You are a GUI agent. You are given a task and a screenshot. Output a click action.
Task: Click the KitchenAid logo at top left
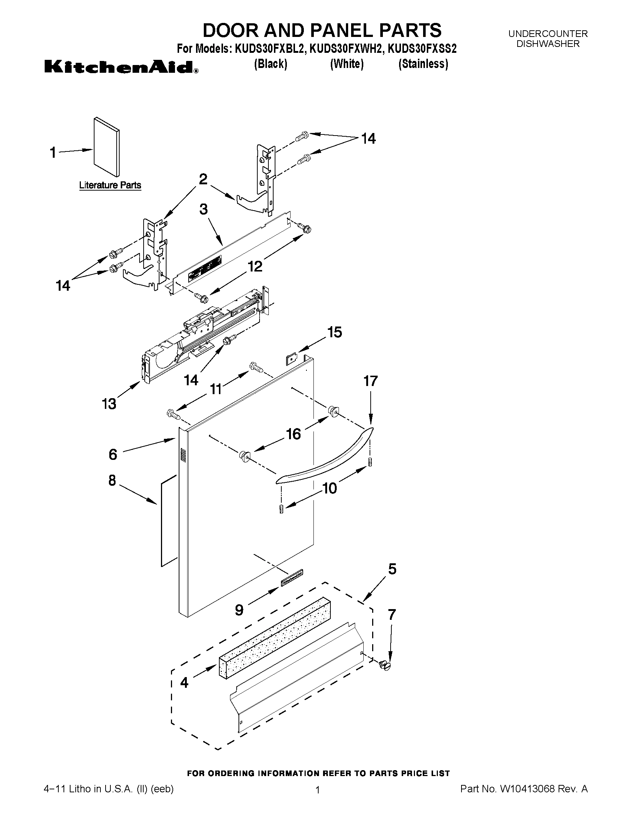tap(121, 67)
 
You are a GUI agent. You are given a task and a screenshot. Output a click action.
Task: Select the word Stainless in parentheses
tap(423, 64)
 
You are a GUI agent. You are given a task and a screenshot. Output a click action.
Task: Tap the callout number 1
tap(53, 153)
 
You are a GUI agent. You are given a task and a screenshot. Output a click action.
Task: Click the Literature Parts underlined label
tap(110, 185)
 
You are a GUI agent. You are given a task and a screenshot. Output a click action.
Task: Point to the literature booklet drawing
tap(107, 147)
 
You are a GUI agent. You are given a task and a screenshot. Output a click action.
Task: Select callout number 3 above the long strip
tap(203, 209)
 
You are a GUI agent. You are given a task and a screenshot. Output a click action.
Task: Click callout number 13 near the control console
tap(109, 403)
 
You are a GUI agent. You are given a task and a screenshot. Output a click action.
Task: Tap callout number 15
tap(334, 332)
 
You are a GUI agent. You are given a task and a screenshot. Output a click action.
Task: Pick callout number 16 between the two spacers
tap(294, 434)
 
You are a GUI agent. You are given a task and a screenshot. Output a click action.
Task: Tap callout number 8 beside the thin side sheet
tap(112, 481)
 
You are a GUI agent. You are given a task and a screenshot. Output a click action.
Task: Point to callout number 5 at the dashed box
tap(392, 569)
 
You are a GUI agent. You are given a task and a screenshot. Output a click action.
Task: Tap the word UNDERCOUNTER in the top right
tap(548, 34)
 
